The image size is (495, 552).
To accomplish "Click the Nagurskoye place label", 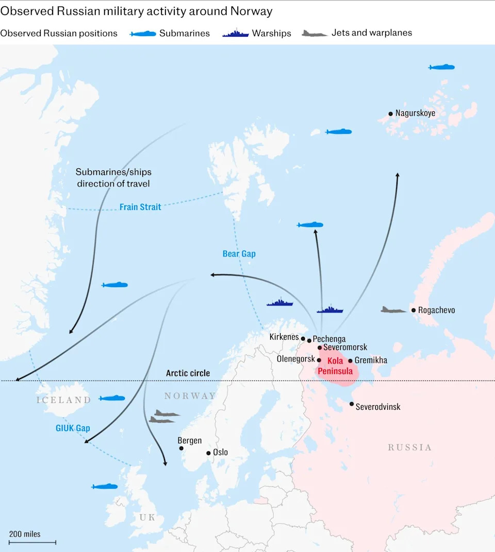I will coord(415,113).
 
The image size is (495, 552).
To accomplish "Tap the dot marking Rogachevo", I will coord(414,310).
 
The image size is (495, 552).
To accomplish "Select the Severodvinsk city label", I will coord(378,407).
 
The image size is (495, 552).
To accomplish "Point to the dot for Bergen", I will coord(181,449).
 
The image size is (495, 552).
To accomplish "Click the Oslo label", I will coord(220,453).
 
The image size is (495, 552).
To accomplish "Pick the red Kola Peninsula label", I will coord(335,366).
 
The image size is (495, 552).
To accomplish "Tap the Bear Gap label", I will coord(239,254).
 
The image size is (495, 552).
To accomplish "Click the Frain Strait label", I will coord(140,207).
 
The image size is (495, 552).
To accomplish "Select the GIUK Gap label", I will coord(73,428).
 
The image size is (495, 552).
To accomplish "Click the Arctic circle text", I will coord(188,373).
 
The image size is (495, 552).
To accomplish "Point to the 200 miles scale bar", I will coord(32,542).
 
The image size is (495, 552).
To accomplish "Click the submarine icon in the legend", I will coord(143,33).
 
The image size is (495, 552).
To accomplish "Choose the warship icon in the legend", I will coord(236,33).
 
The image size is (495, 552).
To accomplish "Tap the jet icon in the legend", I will coord(315,33).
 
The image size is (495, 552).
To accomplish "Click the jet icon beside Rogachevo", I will coord(394,309).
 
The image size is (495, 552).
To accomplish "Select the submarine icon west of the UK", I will coord(104,487).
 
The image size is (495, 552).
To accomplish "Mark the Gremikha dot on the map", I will coord(350,361).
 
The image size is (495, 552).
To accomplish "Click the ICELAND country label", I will coord(63,400).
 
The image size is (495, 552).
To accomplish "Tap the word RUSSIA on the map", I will coord(410,447).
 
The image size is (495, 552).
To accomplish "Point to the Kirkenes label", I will coord(284,337).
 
